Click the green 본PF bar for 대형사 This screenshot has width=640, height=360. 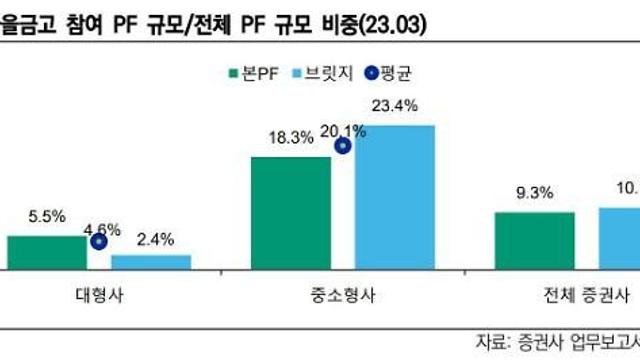[x=47, y=252]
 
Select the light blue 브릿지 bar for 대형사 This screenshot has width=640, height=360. [x=150, y=261]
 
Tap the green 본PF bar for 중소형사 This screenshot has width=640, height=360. [x=290, y=212]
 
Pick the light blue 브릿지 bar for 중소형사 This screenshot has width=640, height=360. [x=395, y=197]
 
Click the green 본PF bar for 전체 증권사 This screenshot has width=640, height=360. [x=534, y=240]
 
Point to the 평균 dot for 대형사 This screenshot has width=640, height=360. [x=98, y=241]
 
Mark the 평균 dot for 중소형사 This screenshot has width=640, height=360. [x=343, y=146]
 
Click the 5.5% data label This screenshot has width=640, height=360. [x=48, y=215]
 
